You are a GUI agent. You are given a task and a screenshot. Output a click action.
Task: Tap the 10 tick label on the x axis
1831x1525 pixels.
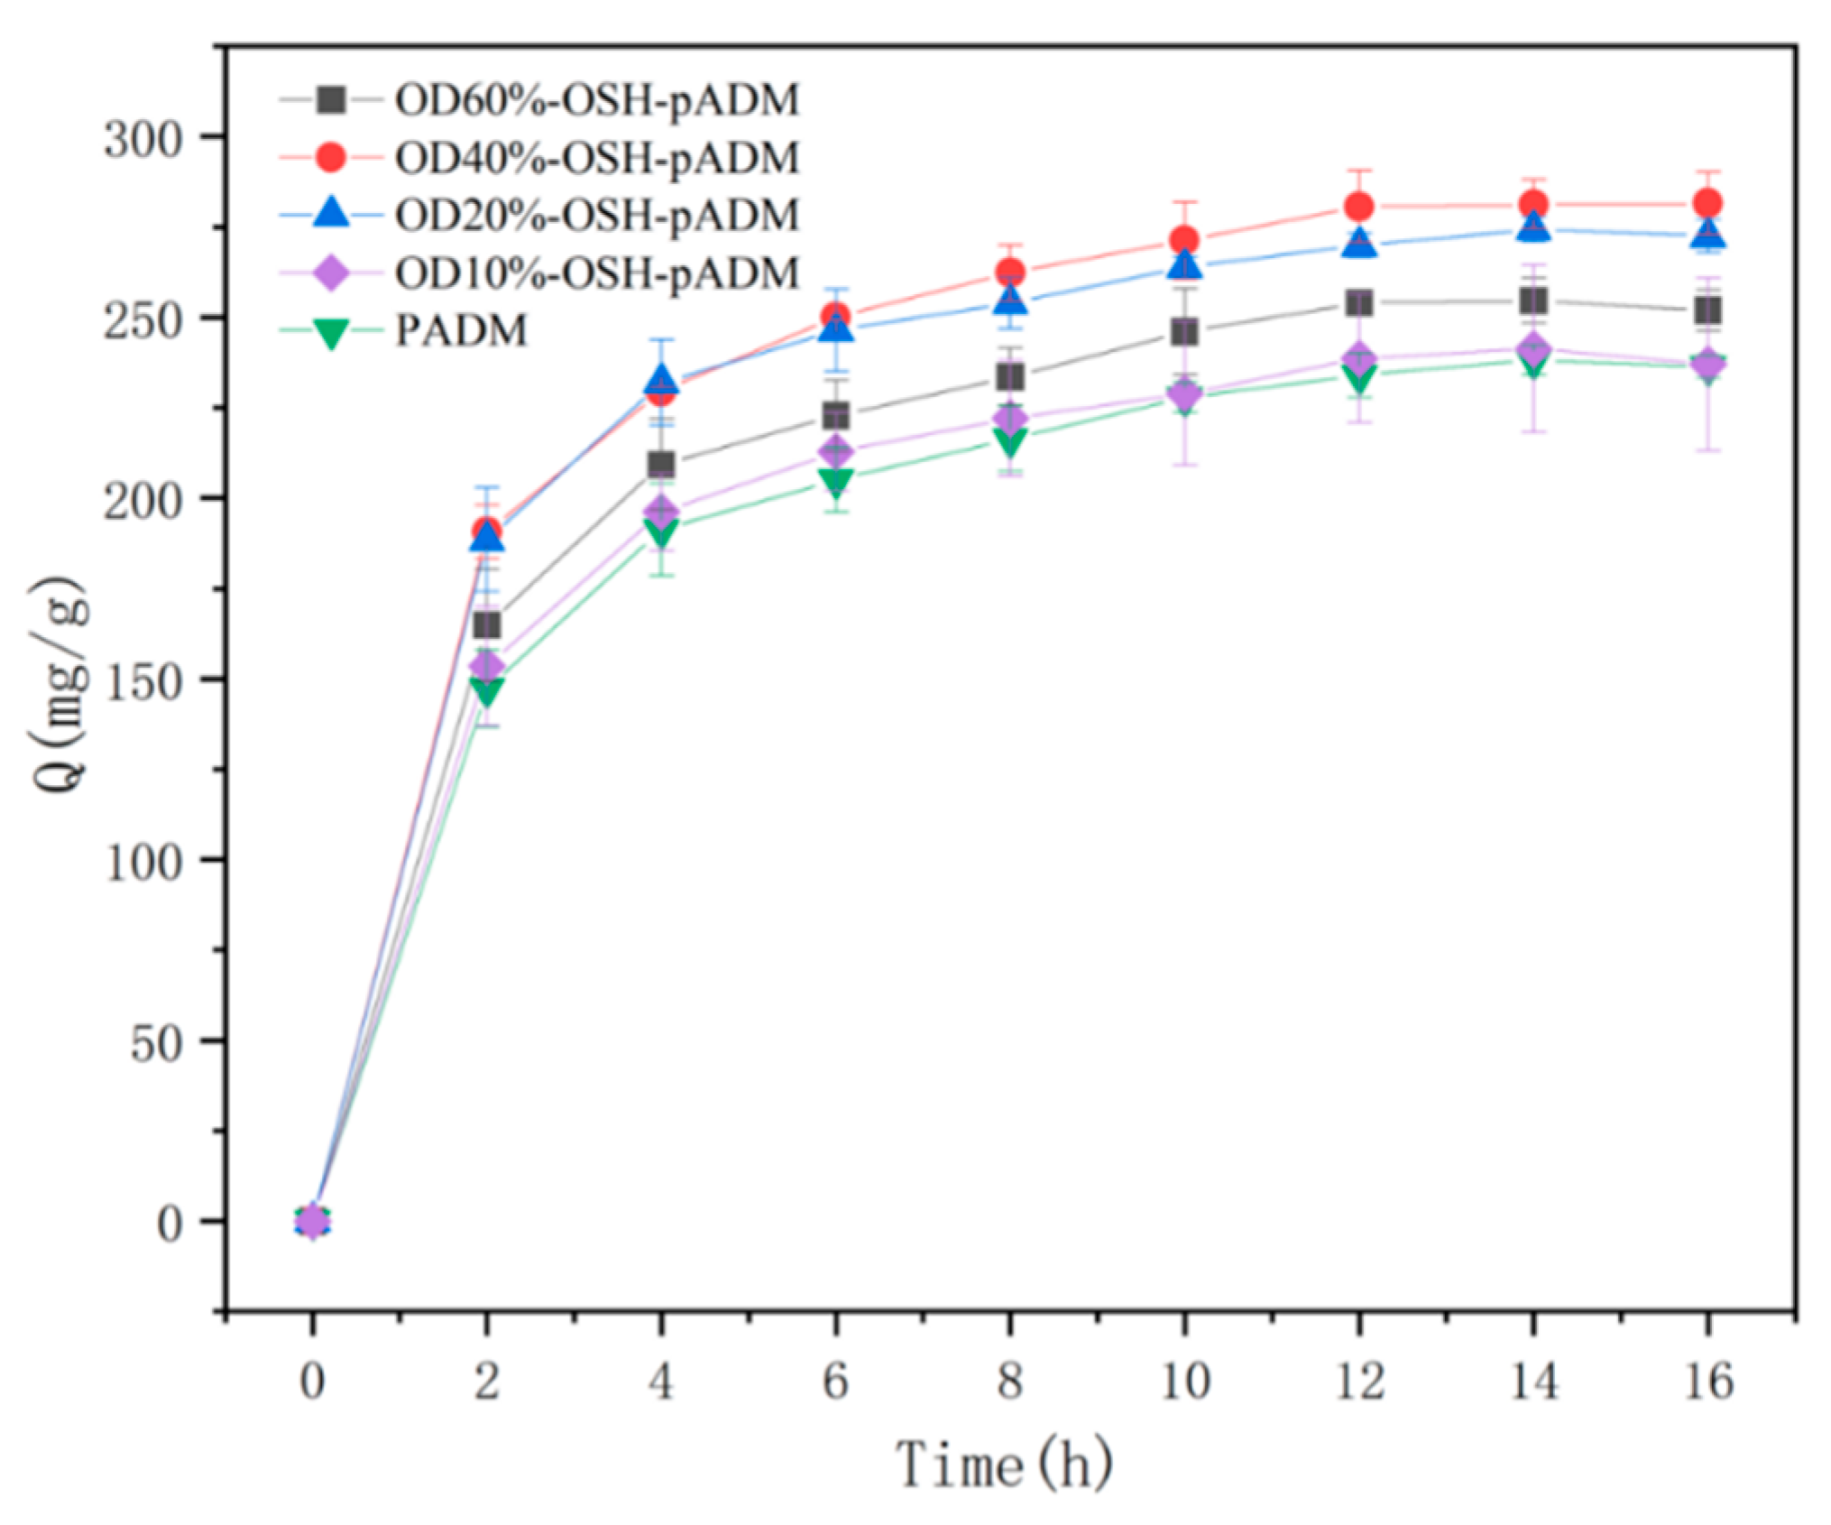pyautogui.click(x=1184, y=1381)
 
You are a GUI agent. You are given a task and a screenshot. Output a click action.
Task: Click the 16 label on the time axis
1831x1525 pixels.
pyautogui.click(x=1707, y=1381)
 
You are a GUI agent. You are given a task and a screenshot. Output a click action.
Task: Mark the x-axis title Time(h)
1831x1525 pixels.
pyautogui.click(x=1004, y=1464)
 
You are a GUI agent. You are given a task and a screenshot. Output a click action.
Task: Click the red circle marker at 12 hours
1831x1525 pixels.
pyautogui.click(x=1359, y=207)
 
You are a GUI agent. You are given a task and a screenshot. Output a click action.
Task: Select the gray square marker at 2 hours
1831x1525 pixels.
pyautogui.click(x=486, y=625)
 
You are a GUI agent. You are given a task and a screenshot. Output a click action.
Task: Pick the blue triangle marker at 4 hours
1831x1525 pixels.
pyautogui.click(x=661, y=380)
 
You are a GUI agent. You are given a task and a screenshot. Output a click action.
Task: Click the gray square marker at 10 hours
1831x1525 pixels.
pyautogui.click(x=1184, y=332)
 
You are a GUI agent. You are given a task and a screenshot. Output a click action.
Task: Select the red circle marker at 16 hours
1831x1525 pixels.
pyautogui.click(x=1707, y=203)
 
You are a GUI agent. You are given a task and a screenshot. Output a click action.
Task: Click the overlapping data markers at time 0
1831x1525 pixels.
pyautogui.click(x=312, y=1221)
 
